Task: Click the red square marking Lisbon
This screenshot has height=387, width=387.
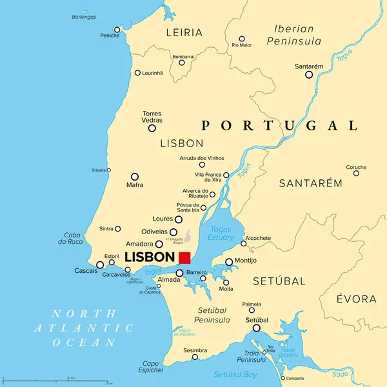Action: point(184,257)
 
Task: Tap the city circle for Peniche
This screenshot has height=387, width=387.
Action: point(117,29)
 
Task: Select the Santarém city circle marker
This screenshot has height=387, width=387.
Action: point(309,75)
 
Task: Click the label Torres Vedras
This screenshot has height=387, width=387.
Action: point(152,117)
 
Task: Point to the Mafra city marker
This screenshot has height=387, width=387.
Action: point(135,177)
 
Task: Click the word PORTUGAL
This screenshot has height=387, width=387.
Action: point(279,126)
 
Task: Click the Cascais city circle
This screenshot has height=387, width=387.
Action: point(100,264)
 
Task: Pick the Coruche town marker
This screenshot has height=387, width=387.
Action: point(356,173)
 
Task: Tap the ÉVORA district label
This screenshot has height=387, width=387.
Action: point(357,299)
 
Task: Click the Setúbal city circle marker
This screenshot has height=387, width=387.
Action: point(257,328)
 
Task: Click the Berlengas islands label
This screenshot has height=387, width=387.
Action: point(84,16)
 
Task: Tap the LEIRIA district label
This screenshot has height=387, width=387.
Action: point(184,32)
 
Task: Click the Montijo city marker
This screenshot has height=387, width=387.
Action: point(229,262)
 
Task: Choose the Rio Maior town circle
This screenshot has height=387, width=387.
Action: point(242,39)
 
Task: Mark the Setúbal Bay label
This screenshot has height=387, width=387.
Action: point(235,374)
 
